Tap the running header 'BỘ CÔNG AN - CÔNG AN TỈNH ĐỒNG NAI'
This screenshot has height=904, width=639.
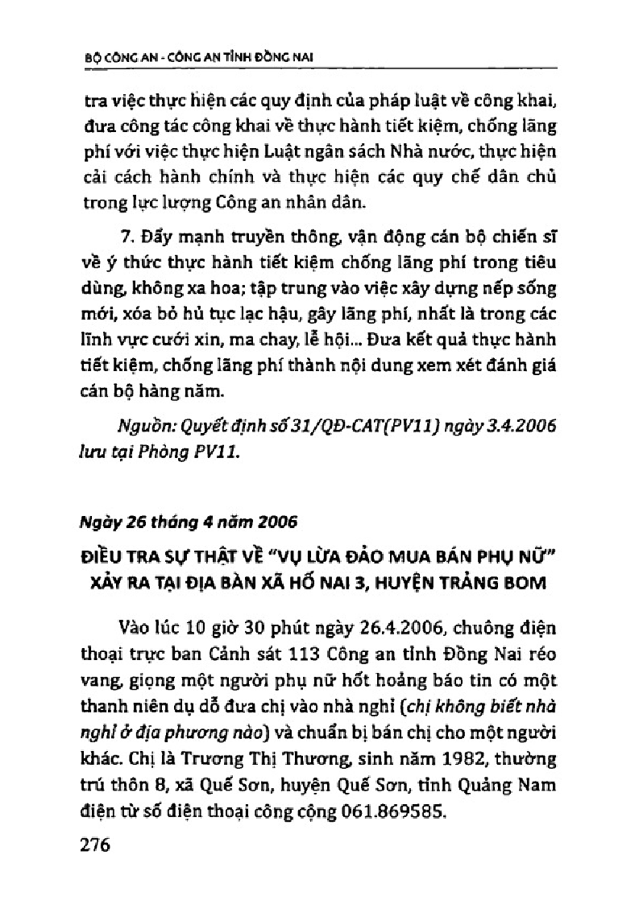click(x=198, y=57)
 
